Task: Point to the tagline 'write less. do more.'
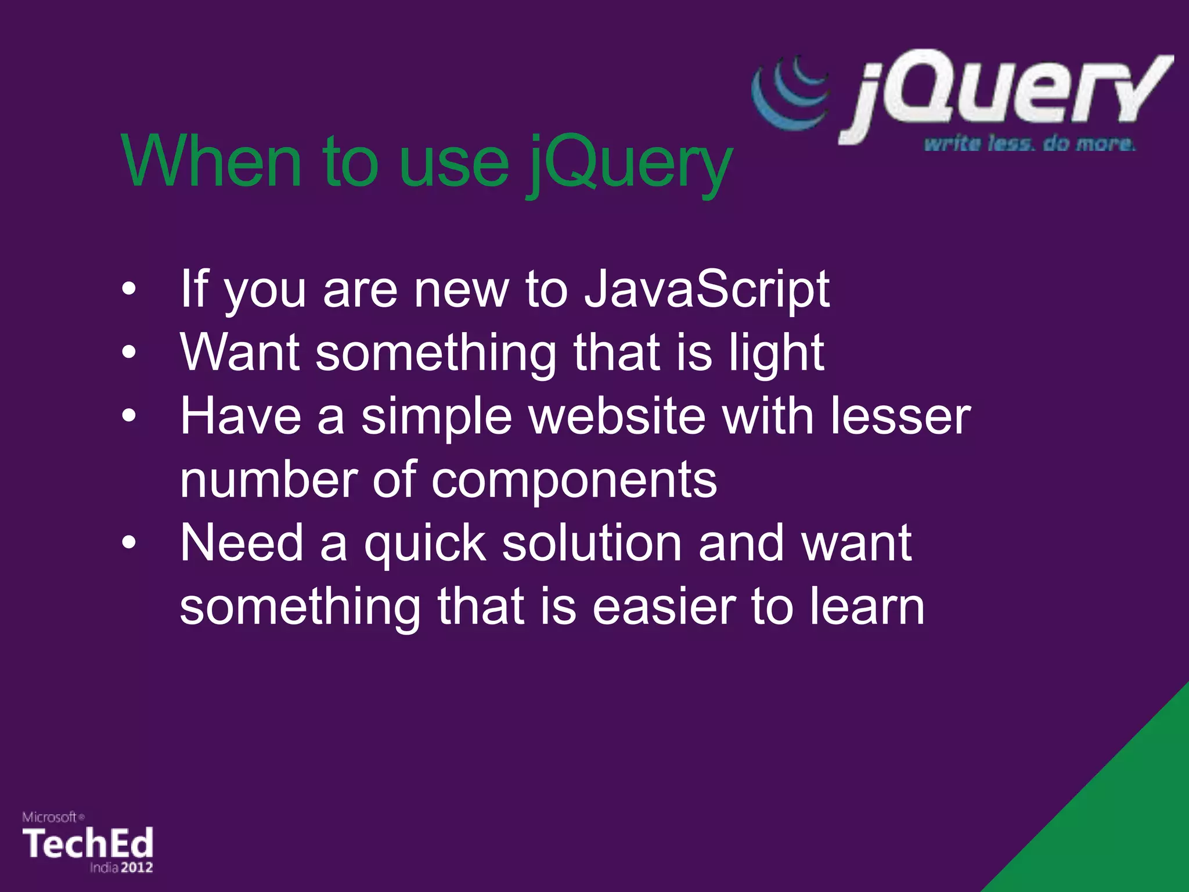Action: [1029, 143]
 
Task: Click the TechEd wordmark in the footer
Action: [88, 843]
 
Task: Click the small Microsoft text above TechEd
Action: [50, 817]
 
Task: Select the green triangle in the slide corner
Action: [1120, 825]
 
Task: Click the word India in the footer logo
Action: [104, 868]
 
